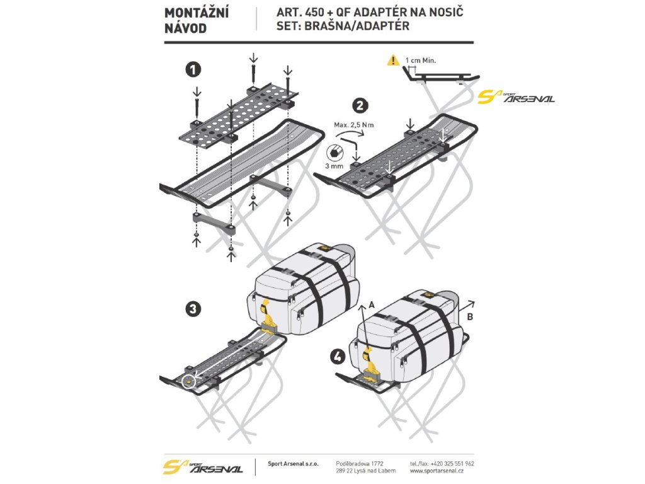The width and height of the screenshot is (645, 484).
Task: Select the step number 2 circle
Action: (362, 106)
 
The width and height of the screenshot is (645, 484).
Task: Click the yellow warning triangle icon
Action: (394, 60)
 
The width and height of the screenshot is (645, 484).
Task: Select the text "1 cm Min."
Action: (421, 60)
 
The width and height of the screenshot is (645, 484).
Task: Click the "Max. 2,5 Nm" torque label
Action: (354, 125)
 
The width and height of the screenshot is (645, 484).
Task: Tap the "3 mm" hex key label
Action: (334, 166)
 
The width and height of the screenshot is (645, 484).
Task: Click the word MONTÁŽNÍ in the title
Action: (197, 13)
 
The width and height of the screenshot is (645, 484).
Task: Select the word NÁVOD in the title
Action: (185, 28)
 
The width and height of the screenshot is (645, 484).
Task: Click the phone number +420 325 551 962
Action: (451, 463)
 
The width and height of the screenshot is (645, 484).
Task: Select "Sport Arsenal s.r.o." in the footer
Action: (293, 463)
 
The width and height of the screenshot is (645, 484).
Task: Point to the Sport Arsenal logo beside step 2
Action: (516, 97)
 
